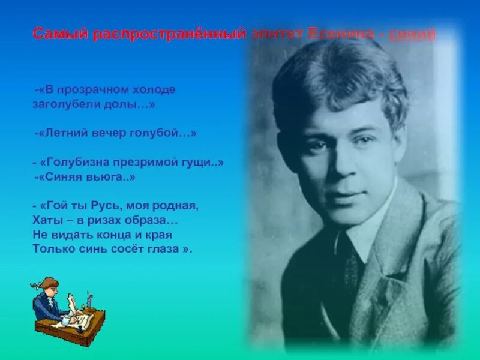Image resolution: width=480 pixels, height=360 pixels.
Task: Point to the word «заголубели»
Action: [x=62, y=103]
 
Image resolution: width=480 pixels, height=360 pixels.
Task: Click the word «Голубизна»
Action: [x=72, y=163]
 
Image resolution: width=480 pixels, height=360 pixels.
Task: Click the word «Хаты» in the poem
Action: [x=45, y=220]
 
